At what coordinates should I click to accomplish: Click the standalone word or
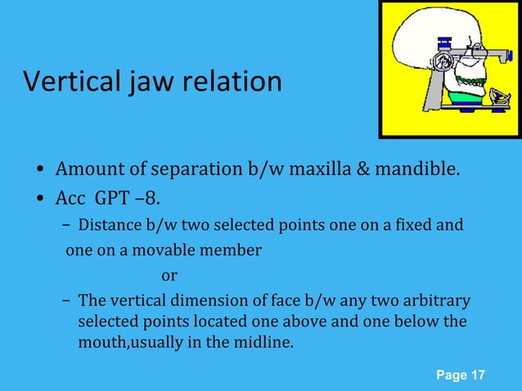click(169, 275)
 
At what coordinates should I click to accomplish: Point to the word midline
click(262, 342)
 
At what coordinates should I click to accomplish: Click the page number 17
click(476, 375)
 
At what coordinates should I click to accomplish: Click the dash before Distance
click(65, 226)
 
